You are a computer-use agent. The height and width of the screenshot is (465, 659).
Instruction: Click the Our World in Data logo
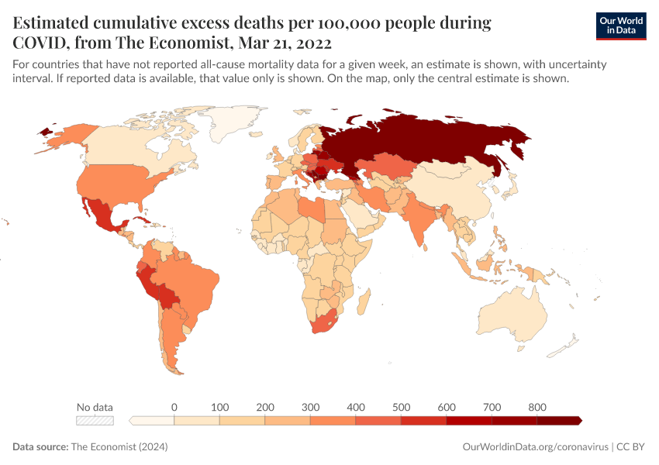tap(620, 26)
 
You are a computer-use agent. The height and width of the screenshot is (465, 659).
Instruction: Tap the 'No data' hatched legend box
tap(95, 420)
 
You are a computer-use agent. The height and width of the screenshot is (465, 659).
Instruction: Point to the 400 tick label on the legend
tap(356, 407)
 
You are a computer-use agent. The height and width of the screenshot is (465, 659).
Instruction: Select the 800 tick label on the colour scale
tap(537, 407)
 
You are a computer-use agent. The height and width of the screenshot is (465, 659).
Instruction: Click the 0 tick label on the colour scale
tap(174, 407)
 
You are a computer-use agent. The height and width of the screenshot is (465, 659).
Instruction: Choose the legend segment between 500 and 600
tap(423, 420)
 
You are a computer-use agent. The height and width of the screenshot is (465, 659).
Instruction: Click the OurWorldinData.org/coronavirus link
tap(534, 447)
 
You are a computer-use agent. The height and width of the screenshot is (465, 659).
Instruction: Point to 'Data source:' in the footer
tap(40, 447)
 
